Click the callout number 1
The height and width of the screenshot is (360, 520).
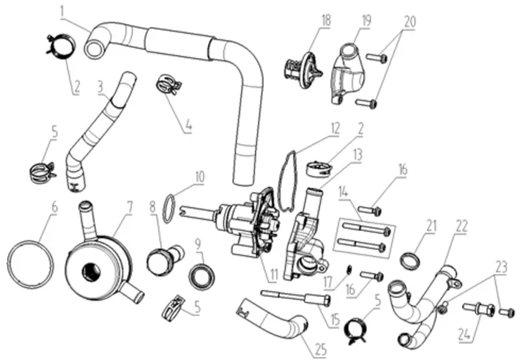[x=62, y=11]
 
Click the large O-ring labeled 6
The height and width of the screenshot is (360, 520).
[x=30, y=258]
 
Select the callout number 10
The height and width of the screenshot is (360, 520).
[x=200, y=177]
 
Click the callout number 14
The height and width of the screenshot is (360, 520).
[x=343, y=192]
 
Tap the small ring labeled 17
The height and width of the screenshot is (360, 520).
[x=347, y=269]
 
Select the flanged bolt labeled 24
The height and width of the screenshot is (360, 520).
[x=475, y=307]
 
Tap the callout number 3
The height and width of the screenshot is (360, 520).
[x=99, y=86]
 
